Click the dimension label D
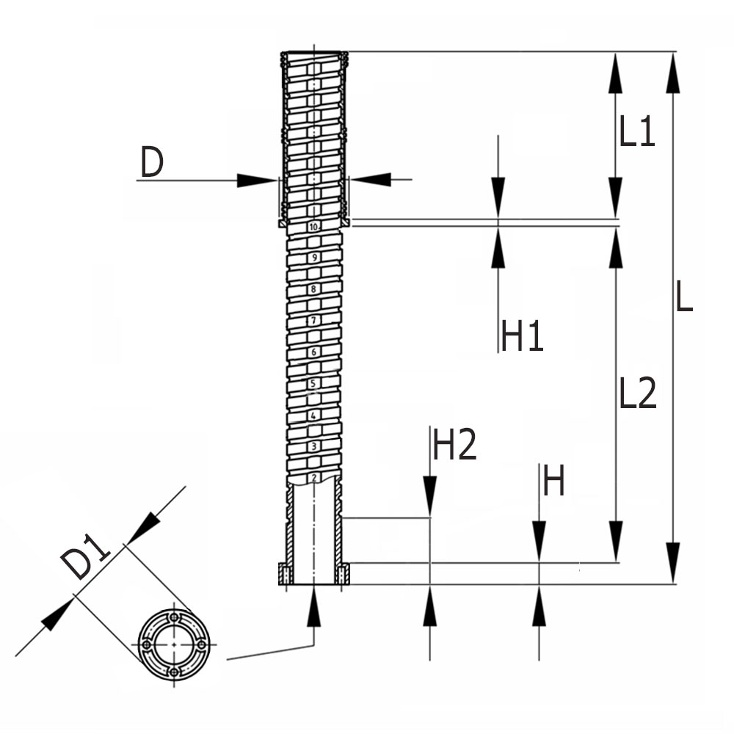[151, 164]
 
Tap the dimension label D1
[86, 559]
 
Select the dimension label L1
[636, 134]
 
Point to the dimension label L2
[637, 395]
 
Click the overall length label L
[683, 297]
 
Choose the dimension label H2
[455, 445]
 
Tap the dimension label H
[553, 482]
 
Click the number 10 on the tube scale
[313, 228]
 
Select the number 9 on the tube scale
[314, 258]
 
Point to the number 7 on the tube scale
[313, 321]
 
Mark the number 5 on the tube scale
[313, 384]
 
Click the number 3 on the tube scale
[313, 446]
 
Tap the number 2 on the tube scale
[313, 478]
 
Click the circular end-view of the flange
[173, 643]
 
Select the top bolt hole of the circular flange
[173, 617]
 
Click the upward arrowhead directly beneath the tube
[314, 607]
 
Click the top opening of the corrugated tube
[314, 54]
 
